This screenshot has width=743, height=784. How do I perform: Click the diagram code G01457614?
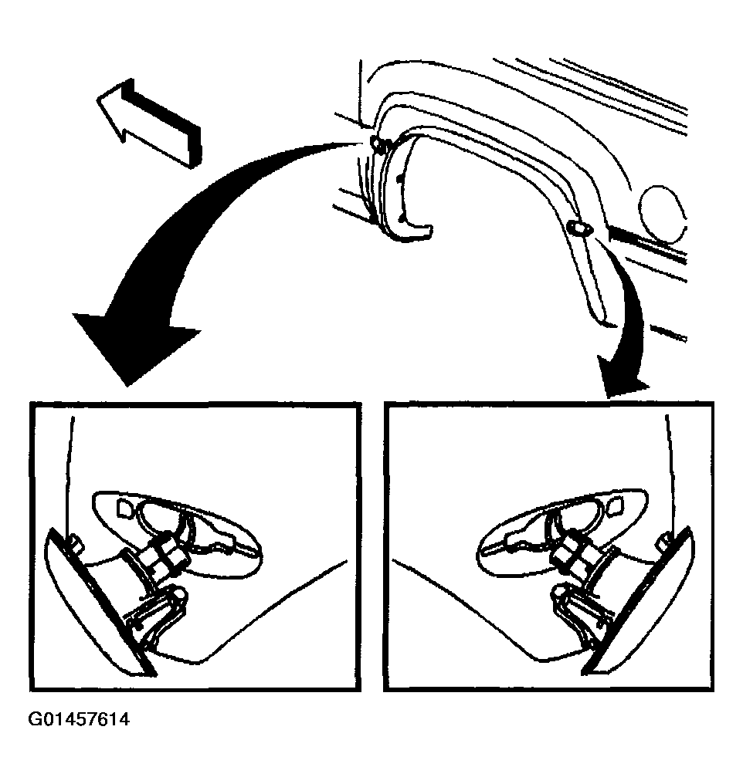(x=79, y=720)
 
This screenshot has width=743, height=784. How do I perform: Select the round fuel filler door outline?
(x=663, y=214)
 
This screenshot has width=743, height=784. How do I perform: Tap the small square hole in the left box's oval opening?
(x=124, y=508)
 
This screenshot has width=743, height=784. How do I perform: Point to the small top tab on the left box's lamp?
(x=76, y=542)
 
